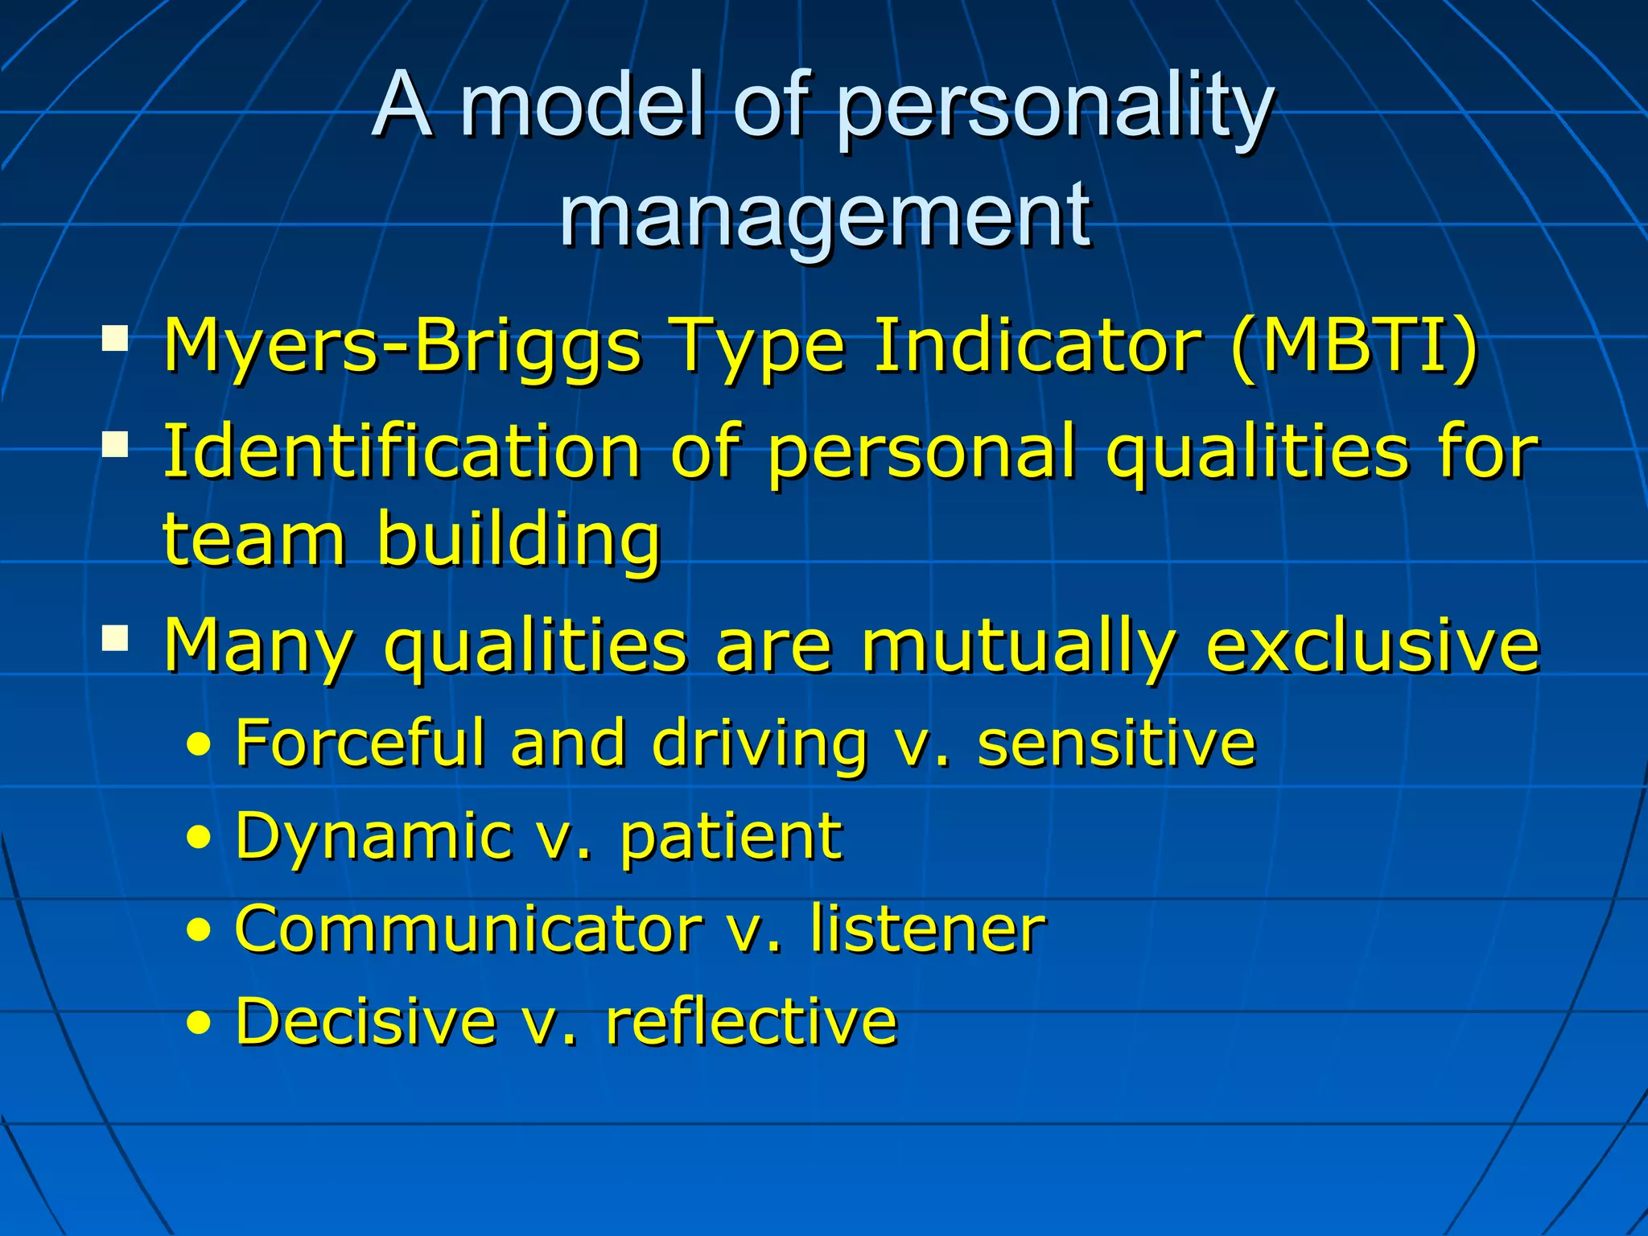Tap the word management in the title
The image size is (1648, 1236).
pos(824,216)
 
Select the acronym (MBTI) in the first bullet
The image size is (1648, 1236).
pos(1354,346)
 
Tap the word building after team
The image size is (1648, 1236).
pos(518,538)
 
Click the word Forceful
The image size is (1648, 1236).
pos(360,742)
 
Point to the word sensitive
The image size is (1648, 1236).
pos(1116,742)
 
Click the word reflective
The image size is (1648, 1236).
pos(752,1021)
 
